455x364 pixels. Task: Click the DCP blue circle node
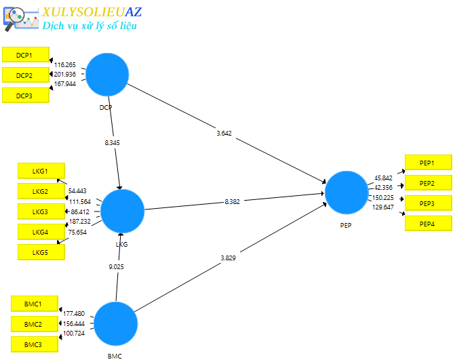(107, 74)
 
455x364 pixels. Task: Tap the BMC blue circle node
(115, 323)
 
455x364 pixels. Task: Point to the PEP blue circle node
(347, 192)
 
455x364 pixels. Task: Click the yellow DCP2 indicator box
(26, 75)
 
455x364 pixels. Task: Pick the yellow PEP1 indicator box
(428, 163)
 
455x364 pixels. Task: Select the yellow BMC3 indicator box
(34, 344)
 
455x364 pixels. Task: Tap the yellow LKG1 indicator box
(41, 171)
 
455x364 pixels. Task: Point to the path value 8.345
(113, 143)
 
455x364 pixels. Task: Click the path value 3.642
(224, 133)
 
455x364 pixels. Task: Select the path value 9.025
(117, 266)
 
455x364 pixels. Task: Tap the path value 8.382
(232, 201)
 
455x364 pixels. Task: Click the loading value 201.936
(65, 75)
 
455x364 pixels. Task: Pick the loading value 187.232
(80, 222)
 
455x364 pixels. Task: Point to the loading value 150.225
(383, 197)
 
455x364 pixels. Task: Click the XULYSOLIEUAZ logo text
(92, 12)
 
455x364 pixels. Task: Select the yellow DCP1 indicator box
(26, 55)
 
